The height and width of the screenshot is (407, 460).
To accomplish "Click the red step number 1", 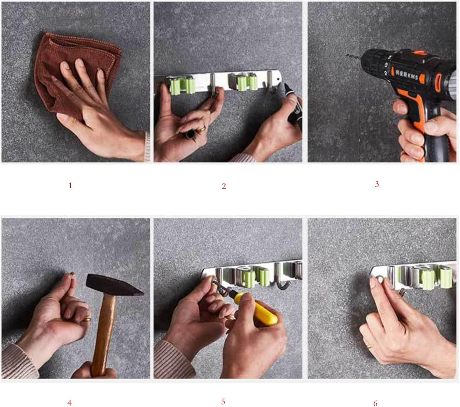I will coord(70,186).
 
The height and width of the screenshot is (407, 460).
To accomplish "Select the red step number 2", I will coord(224,186).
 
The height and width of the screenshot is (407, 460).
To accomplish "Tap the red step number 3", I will coord(377,184).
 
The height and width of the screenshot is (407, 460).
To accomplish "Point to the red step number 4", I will coord(69,403).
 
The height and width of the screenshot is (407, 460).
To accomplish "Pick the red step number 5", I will coord(223,402).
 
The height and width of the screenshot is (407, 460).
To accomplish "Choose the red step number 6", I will coord(375,403).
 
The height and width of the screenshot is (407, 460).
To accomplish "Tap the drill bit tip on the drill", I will coord(348,56).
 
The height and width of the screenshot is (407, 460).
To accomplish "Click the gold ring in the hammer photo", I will coord(87,319).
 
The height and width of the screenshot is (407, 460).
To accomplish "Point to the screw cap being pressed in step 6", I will coord(379,279).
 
